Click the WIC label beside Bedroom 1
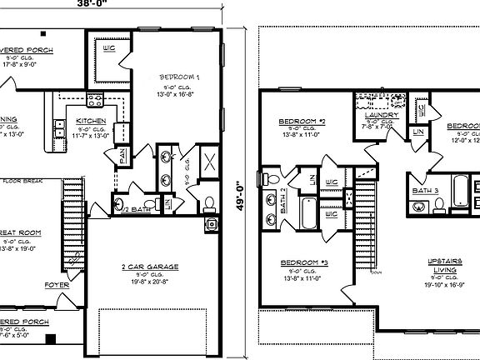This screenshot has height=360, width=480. [107, 48]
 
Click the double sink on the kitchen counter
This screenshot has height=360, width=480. [61, 127]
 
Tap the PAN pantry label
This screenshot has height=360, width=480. [122, 155]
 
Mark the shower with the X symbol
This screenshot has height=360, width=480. [207, 161]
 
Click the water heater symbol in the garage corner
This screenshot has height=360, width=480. [212, 223]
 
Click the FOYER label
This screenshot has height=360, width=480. [57, 285]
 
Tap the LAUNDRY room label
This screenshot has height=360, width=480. [382, 115]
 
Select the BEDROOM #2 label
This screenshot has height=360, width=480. [301, 122]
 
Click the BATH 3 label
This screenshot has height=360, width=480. [426, 190]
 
